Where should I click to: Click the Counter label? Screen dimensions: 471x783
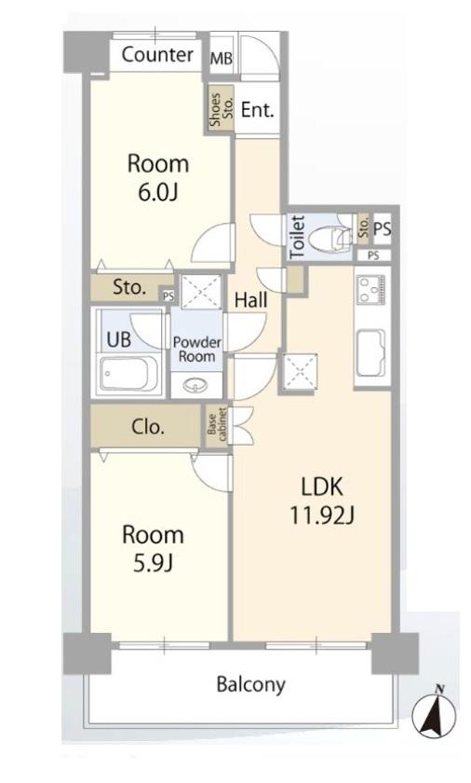(157, 54)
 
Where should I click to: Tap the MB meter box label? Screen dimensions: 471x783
(222, 59)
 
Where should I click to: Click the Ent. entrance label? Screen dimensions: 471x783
(258, 109)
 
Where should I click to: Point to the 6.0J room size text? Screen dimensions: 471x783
(158, 192)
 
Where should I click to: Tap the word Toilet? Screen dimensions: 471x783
(297, 236)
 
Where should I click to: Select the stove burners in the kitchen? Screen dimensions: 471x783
(372, 290)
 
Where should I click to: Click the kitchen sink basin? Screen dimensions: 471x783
(370, 353)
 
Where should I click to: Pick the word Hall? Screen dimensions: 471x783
(250, 299)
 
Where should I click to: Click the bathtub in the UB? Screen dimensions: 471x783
(128, 373)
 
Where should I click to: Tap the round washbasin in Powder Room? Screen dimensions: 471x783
(195, 385)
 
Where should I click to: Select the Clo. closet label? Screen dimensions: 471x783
(147, 427)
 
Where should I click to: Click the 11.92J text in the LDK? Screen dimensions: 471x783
(322, 515)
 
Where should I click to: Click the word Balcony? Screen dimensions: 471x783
(250, 683)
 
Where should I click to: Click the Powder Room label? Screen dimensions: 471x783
(197, 350)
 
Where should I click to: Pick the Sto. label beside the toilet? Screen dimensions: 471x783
(364, 228)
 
